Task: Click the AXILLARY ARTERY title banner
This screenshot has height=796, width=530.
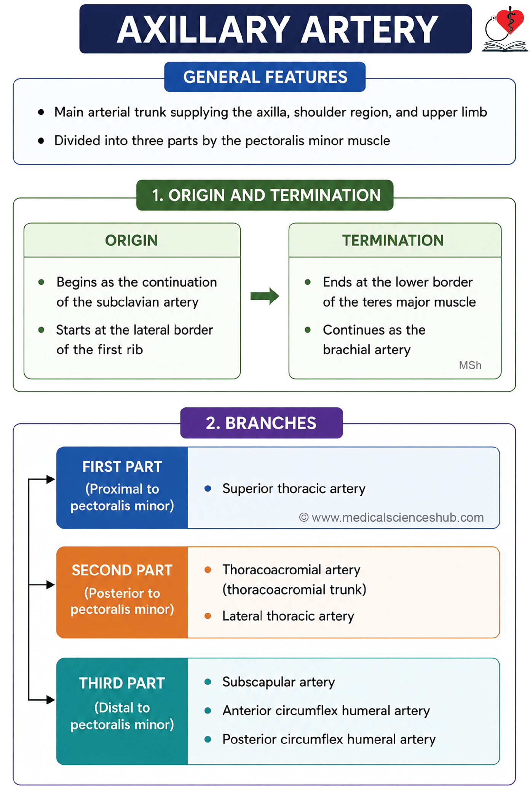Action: pos(275,29)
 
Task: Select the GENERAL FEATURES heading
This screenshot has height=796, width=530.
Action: pos(265,77)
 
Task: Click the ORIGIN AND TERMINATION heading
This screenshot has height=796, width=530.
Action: pos(265,195)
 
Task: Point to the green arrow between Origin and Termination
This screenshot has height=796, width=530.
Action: pos(265,296)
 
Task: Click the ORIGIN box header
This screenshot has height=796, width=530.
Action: pos(132,240)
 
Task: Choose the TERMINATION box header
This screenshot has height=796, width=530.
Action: pos(395,240)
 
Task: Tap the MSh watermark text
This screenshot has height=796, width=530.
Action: pos(470,365)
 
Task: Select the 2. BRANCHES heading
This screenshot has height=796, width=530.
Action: pos(262,423)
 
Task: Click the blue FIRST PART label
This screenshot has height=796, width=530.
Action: pos(122,488)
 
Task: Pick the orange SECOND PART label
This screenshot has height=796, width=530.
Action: pos(122,592)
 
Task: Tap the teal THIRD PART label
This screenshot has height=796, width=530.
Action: pos(122,711)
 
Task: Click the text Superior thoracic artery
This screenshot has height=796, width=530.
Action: pos(294,489)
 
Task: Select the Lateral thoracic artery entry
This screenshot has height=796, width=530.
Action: pos(288,616)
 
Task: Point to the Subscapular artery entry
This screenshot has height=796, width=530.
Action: pos(279,682)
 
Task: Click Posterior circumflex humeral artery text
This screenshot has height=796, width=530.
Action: pos(329,739)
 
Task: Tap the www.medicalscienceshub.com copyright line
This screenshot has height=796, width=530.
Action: pos(391,518)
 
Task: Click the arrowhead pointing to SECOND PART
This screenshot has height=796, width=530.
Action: pos(51,585)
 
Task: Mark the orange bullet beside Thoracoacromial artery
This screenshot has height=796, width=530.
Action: pos(208,570)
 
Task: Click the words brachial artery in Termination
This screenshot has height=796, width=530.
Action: pos(367,350)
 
